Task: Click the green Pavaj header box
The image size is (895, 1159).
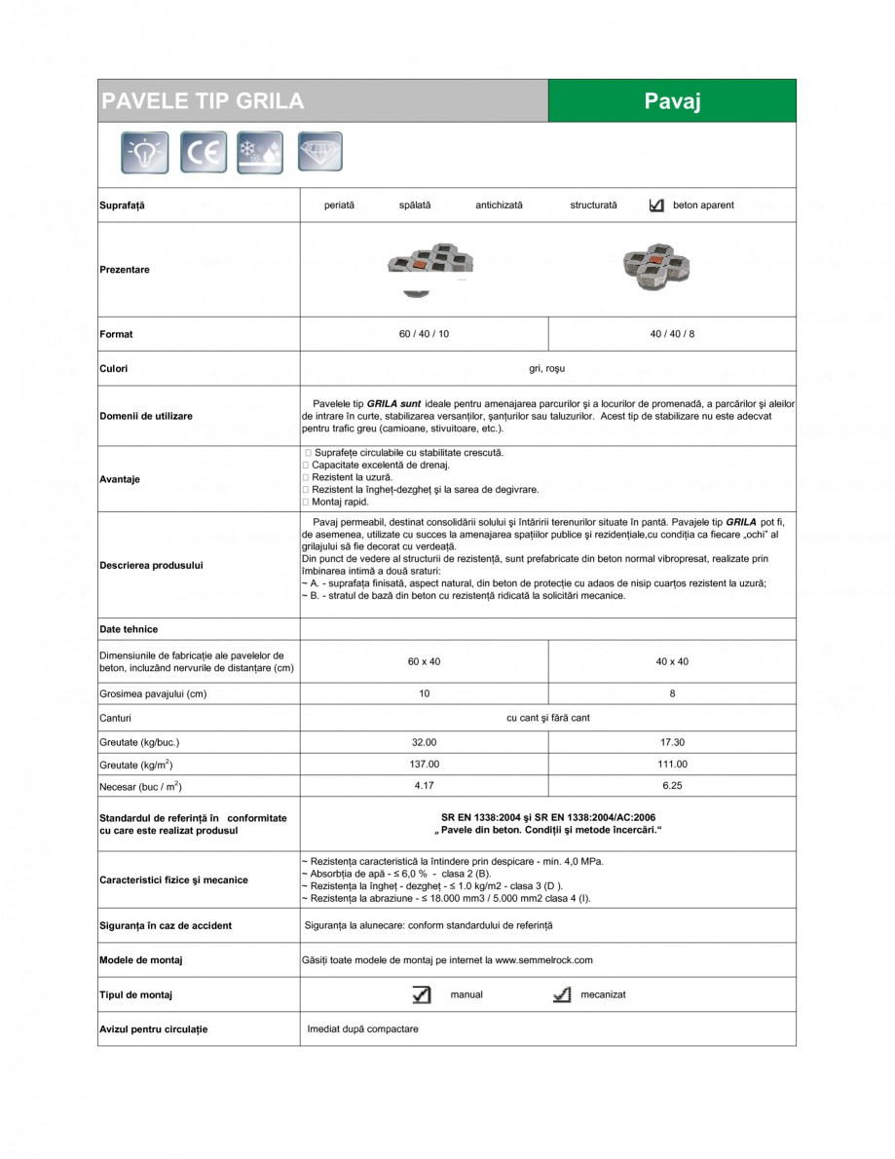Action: click(x=672, y=101)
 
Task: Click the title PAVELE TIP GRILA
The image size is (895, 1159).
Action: click(x=204, y=101)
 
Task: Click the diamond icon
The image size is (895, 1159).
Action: click(x=319, y=153)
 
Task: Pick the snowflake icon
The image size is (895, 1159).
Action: click(x=260, y=153)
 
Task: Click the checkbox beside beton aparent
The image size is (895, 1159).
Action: click(x=655, y=206)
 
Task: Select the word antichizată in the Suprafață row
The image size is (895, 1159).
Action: click(x=499, y=206)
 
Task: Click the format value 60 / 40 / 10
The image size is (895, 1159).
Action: click(x=424, y=334)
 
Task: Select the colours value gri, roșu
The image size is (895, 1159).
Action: click(x=546, y=369)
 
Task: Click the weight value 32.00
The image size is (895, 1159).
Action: click(x=424, y=742)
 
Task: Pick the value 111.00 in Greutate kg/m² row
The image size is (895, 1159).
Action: click(x=672, y=765)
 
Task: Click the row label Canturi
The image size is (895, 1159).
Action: click(x=115, y=718)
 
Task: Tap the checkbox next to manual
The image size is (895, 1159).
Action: click(x=421, y=994)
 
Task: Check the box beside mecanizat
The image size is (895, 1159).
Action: click(x=561, y=994)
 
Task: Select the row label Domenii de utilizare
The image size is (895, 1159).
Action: click(x=146, y=416)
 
